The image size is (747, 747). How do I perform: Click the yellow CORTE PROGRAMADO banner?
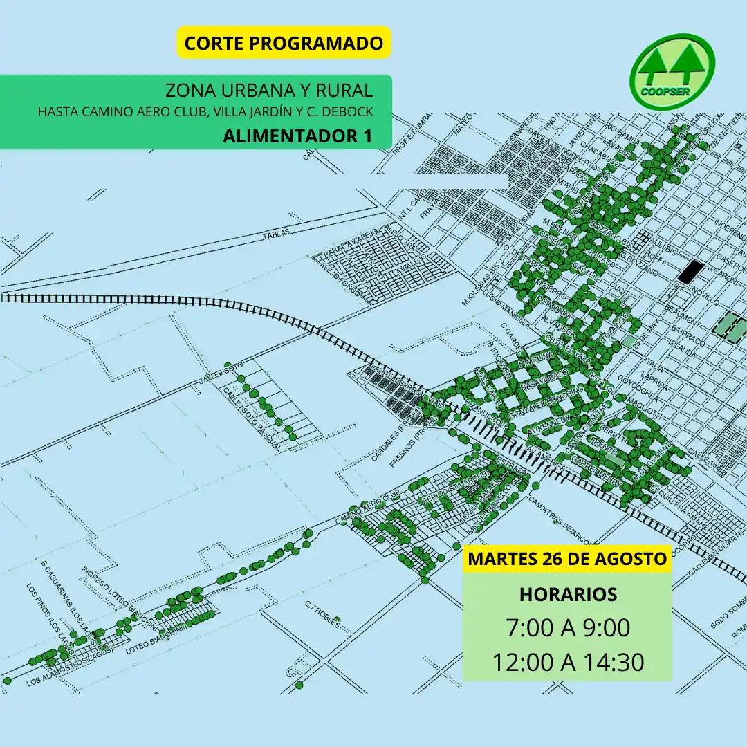click(x=284, y=43)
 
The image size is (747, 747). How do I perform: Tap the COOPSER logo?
click(x=672, y=73)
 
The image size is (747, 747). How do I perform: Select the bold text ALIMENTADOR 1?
click(x=297, y=136)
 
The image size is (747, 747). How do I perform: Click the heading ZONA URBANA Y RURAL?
click(x=269, y=91)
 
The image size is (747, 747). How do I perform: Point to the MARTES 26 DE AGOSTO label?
click(x=567, y=559)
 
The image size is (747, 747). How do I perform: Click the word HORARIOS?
click(x=567, y=594)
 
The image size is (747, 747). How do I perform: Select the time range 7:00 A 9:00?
click(x=567, y=628)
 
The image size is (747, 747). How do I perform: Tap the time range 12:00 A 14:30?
click(x=567, y=662)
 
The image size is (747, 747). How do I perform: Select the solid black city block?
click(x=689, y=272)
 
